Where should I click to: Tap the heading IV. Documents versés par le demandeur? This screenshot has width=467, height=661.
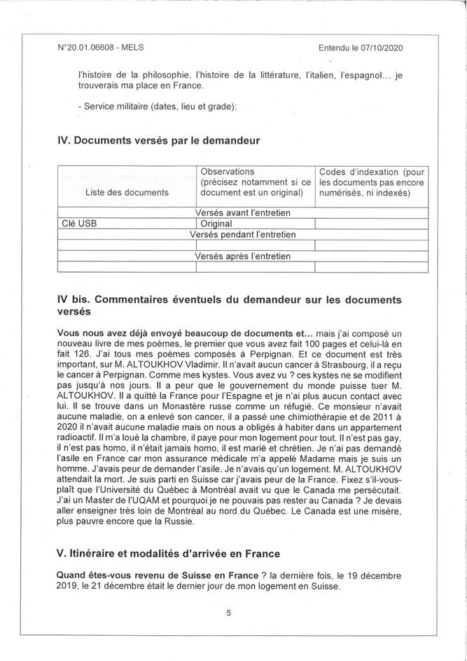pos(158,140)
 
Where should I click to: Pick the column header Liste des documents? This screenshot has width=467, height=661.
pos(127,192)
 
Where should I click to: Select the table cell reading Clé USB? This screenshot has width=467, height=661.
pos(80,224)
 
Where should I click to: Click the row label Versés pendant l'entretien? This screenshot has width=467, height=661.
pos(242,234)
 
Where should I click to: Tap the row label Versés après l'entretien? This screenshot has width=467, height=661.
pos(242,256)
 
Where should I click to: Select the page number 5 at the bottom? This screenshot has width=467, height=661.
pos(228,612)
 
